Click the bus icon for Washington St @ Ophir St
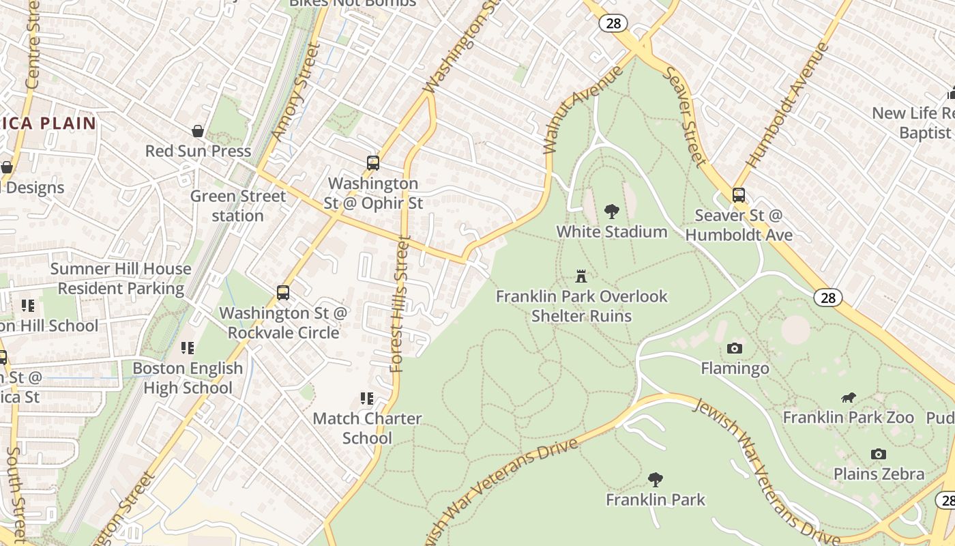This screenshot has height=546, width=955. click(x=372, y=163)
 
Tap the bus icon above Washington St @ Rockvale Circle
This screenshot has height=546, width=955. click(x=283, y=293)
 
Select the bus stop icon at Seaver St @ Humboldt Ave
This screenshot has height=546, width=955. click(x=739, y=195)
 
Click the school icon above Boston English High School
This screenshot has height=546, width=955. click(x=188, y=348)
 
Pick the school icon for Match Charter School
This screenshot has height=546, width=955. click(x=367, y=399)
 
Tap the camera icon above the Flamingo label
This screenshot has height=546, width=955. click(x=735, y=349)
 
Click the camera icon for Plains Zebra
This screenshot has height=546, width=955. click(x=879, y=454)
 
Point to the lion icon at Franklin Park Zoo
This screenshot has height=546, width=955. click(x=849, y=398)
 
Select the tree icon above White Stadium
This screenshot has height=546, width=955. click(x=611, y=212)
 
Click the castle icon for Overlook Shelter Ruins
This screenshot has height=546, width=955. click(x=581, y=276)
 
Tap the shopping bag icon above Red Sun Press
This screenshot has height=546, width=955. click(x=198, y=131)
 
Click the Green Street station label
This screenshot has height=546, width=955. click(x=237, y=206)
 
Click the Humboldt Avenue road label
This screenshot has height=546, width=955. click(x=788, y=106)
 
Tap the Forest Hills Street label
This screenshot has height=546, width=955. click(x=401, y=304)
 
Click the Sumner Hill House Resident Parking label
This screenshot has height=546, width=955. click(x=121, y=278)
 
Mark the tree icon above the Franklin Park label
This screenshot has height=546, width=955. click(x=656, y=480)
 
